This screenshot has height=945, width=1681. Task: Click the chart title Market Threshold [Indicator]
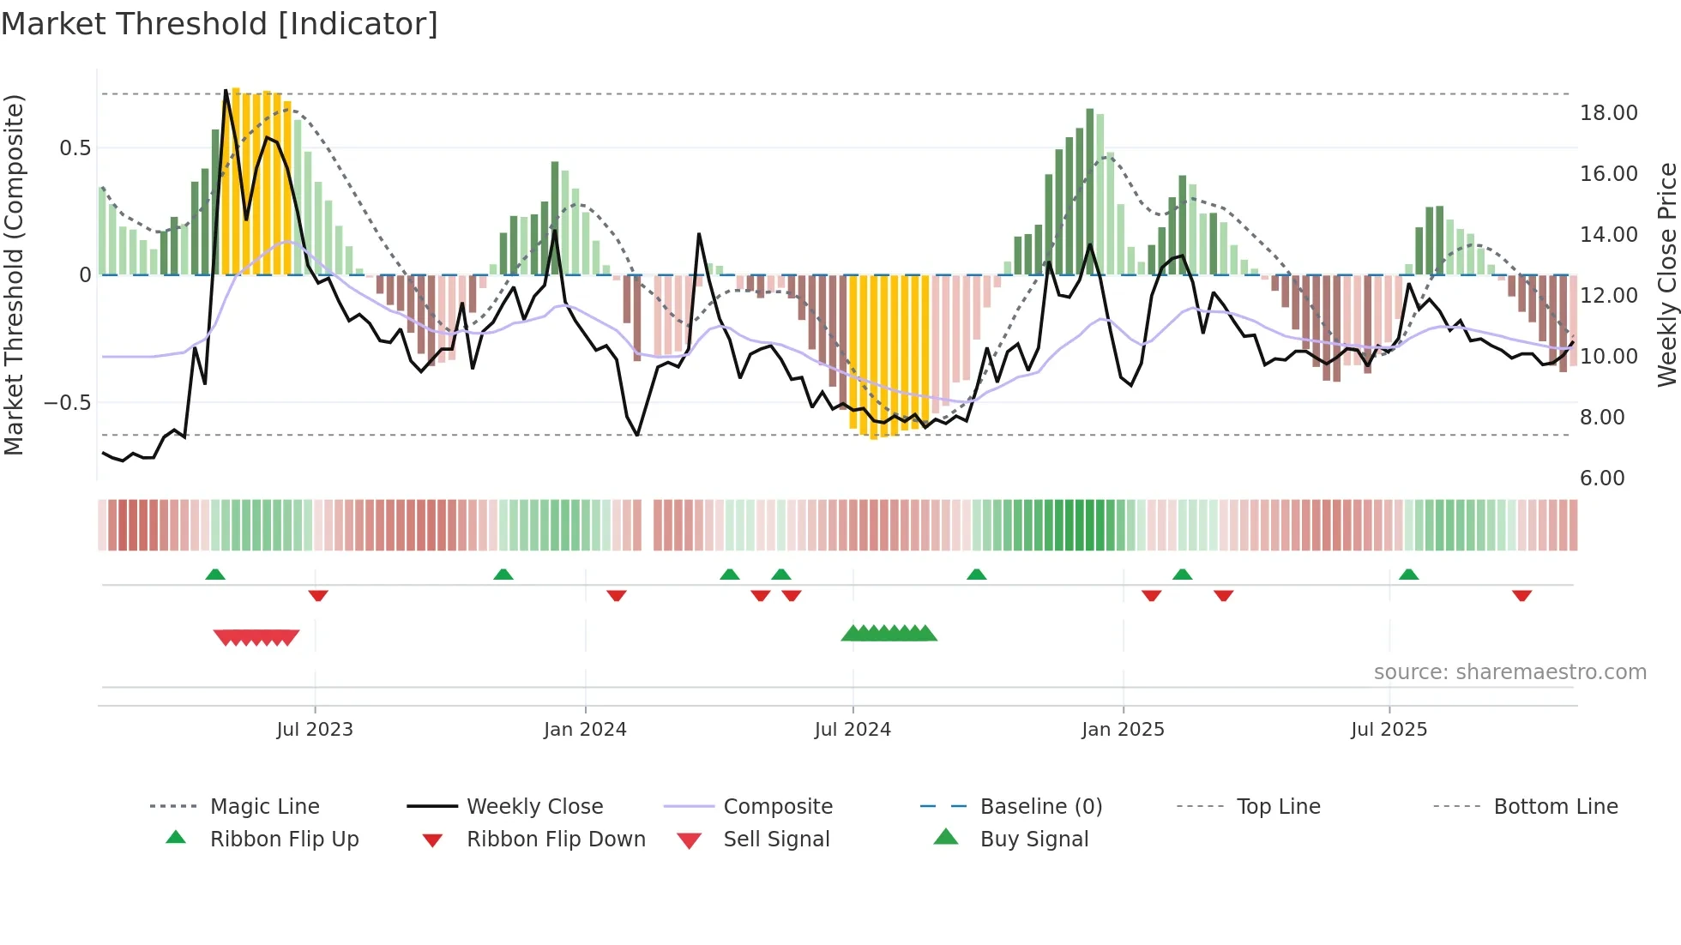point(220,24)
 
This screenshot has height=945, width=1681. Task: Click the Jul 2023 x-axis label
point(315,730)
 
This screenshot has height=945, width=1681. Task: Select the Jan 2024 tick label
point(585,730)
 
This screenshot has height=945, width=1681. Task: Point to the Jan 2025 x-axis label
point(1123,730)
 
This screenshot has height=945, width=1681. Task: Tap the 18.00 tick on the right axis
point(1608,113)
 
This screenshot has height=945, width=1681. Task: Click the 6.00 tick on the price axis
point(1602,479)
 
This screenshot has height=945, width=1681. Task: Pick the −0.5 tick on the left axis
point(67,403)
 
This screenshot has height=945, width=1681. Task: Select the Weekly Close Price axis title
point(1666,274)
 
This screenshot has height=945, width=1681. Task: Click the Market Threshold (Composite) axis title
point(14,274)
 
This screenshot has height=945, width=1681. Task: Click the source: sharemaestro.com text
point(1509,672)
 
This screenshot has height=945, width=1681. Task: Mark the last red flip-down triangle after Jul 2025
point(1522,596)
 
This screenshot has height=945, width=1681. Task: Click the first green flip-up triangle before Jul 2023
point(215,575)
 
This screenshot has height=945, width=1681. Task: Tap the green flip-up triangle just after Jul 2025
point(1408,575)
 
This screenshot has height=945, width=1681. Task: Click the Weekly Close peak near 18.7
point(226,90)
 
